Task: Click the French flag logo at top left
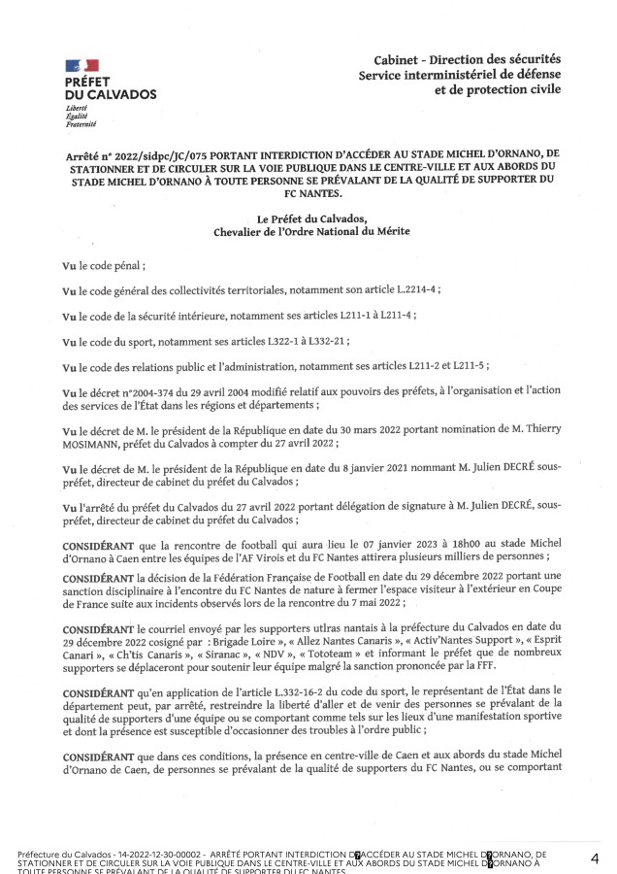75,65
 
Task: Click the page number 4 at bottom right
593,858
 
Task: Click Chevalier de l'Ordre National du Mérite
308,231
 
